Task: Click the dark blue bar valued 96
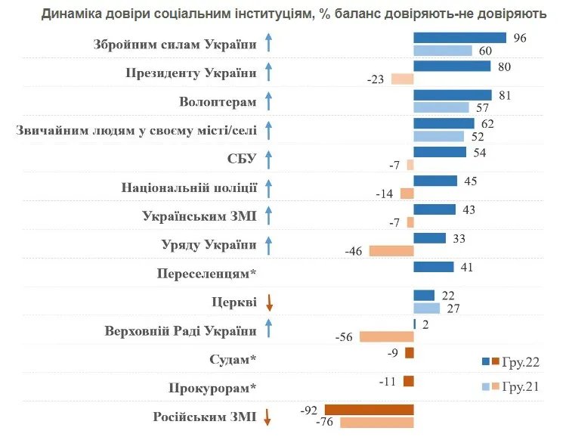tap(459, 38)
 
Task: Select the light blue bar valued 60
tap(443, 51)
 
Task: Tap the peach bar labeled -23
tap(402, 79)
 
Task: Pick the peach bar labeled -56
tap(386, 336)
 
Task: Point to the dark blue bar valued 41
tap(434, 267)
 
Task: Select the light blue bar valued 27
tap(426, 308)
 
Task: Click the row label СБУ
tap(242, 159)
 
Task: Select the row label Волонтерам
tap(218, 102)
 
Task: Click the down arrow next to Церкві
tap(268, 303)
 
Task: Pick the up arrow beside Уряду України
tap(268, 245)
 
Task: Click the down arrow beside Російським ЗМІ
tap(268, 417)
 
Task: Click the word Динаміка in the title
tap(74, 14)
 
